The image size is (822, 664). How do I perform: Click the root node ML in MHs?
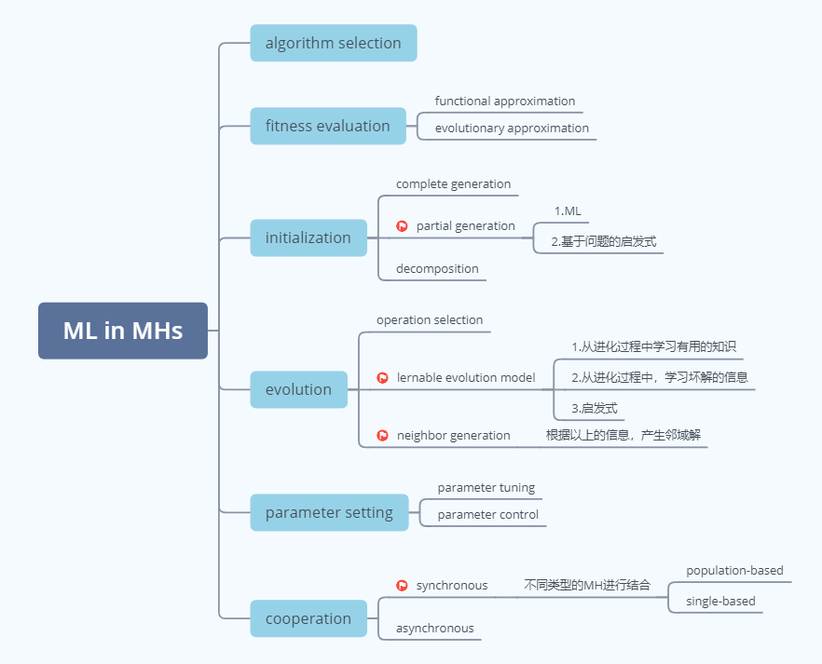(123, 331)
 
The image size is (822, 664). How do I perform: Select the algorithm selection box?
(333, 43)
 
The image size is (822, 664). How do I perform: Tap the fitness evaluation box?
(327, 126)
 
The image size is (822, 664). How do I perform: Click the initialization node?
(308, 237)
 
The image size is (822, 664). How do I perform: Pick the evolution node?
(298, 389)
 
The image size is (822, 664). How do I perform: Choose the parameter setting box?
(329, 512)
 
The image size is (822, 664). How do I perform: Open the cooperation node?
(308, 618)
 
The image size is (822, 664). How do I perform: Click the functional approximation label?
(504, 101)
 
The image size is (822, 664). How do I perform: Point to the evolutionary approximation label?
(512, 128)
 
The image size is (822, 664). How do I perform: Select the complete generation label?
(453, 183)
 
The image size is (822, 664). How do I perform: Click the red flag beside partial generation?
(402, 226)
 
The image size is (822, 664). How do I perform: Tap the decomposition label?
(437, 268)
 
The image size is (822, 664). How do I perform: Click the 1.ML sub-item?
(567, 211)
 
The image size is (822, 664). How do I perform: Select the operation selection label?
(430, 319)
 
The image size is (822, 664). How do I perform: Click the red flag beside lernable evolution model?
(382, 378)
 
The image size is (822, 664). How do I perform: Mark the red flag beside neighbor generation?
(382, 435)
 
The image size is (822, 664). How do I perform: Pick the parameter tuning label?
(486, 487)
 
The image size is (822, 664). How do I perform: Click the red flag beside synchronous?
(402, 586)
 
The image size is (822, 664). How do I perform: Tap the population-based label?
(734, 570)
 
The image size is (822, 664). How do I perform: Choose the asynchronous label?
(434, 628)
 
